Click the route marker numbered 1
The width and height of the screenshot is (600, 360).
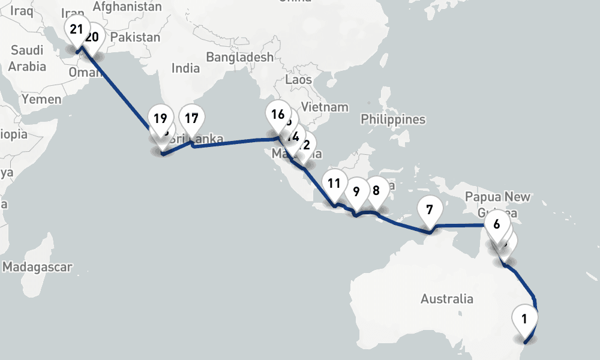(x=524, y=319)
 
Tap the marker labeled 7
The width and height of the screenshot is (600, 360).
(x=429, y=210)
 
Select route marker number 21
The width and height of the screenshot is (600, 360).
(x=76, y=29)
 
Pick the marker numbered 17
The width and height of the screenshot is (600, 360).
(x=191, y=118)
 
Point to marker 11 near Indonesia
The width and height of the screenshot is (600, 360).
(x=334, y=184)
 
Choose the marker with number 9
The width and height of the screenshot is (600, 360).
(x=356, y=192)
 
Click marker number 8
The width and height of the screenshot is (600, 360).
(x=376, y=191)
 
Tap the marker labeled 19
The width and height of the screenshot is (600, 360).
(x=160, y=118)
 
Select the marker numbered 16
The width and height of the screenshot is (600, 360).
(x=277, y=115)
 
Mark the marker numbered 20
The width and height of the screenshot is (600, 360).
(x=94, y=37)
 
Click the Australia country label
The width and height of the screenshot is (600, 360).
(x=447, y=299)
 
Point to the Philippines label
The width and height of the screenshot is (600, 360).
(x=393, y=119)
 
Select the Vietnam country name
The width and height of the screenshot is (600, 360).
(x=325, y=107)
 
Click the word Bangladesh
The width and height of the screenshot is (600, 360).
(x=239, y=58)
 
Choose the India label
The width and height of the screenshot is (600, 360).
(x=185, y=68)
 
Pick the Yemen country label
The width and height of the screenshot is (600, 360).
(x=41, y=99)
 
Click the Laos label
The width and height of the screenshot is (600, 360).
(x=299, y=79)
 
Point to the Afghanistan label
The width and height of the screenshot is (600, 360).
(x=128, y=7)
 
